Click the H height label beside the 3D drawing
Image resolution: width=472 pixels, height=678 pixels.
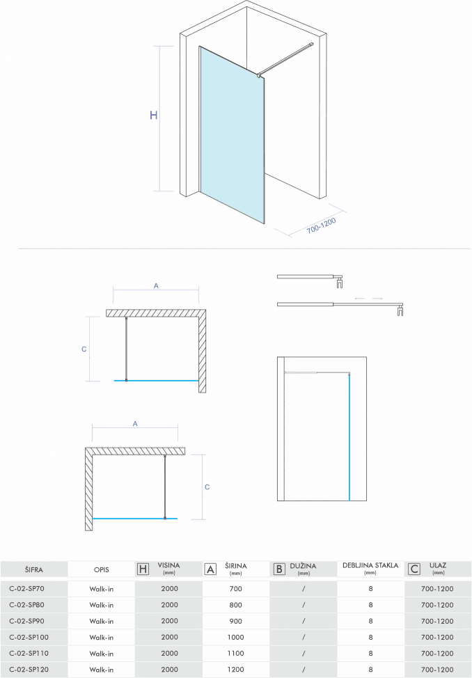coord(154,116)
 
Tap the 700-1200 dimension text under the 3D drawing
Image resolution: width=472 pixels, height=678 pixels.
coord(321,227)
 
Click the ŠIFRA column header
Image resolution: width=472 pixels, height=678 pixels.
coord(33,569)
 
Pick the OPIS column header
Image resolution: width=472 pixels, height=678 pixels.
coord(101,569)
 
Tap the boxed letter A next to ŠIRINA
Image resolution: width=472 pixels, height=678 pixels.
coord(210,569)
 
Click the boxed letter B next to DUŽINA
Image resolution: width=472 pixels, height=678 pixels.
coord(278,569)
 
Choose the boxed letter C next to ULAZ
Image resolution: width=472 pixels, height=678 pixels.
coord(414,569)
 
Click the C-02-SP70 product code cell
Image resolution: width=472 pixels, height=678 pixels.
coord(27,588)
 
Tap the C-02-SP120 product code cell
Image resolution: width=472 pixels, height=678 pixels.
coord(29,669)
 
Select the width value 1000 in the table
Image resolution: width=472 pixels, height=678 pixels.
coord(236,637)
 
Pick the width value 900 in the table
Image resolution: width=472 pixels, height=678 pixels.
coord(236,621)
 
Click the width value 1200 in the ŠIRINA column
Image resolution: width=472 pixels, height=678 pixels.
coord(236,669)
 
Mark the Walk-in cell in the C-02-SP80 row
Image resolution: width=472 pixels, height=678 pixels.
coord(101,605)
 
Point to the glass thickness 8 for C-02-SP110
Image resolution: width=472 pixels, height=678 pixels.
coord(370,653)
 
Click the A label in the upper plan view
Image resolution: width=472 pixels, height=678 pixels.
coord(156,285)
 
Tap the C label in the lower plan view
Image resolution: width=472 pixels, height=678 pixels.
coord(207,487)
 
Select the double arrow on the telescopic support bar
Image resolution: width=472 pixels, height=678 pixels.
coord(368,298)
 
